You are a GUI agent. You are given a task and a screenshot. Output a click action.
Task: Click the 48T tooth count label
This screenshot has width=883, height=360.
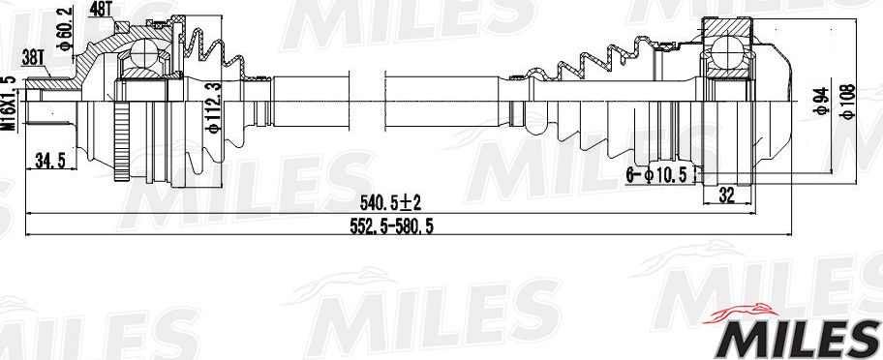(101, 9)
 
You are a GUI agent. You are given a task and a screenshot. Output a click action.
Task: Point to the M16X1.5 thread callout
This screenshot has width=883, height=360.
(9, 104)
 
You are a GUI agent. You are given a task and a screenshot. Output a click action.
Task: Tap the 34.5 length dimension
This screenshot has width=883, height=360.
(48, 162)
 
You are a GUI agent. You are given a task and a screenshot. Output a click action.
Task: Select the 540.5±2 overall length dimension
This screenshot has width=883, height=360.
(390, 202)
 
